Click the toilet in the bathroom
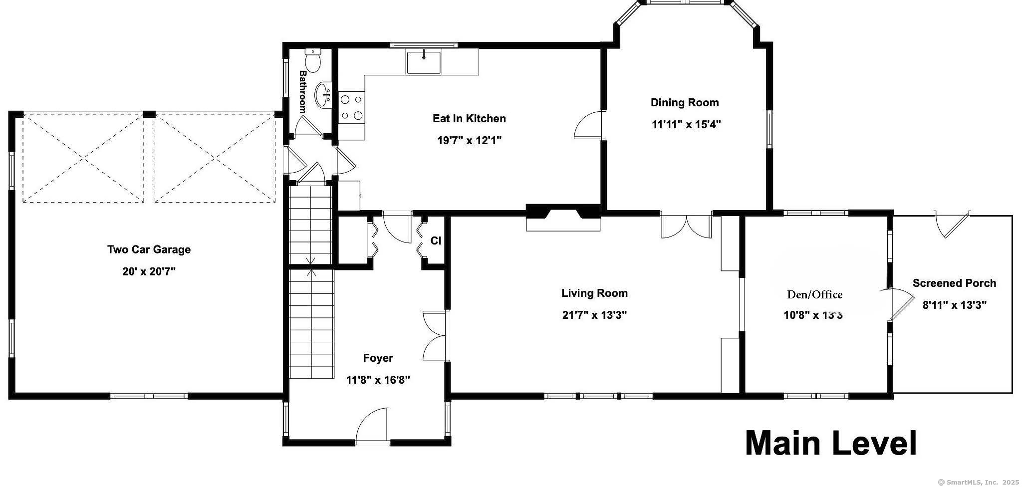[313, 60]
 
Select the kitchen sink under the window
[424, 62]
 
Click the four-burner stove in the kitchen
[351, 108]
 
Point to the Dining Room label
[685, 103]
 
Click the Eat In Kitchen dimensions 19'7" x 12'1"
[469, 141]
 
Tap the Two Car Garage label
[149, 249]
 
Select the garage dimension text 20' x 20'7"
[149, 272]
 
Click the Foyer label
[378, 358]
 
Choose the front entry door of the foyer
[372, 425]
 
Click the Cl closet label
[436, 241]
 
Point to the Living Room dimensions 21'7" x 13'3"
[594, 315]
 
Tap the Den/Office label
[814, 294]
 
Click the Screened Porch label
[954, 283]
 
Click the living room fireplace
[563, 218]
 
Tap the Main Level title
[831, 443]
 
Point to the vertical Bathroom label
[302, 91]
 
